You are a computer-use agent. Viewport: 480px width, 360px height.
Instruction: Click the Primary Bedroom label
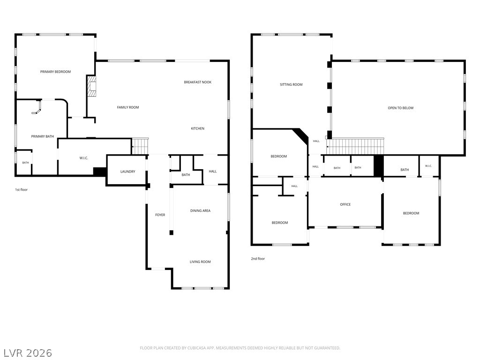click(55, 72)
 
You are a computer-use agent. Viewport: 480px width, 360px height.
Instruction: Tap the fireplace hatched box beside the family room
click(92, 86)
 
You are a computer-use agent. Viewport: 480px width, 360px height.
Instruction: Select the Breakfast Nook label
click(197, 82)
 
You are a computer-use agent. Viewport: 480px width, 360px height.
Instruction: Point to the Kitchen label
click(197, 128)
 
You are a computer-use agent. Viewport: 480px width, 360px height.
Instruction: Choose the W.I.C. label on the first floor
click(83, 158)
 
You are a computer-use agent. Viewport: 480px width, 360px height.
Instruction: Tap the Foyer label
click(160, 215)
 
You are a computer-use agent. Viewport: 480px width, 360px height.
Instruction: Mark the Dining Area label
click(200, 210)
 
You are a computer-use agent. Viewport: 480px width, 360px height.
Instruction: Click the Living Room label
click(200, 262)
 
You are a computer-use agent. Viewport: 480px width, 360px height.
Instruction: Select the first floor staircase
click(140, 146)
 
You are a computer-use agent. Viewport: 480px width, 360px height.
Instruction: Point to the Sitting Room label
click(291, 84)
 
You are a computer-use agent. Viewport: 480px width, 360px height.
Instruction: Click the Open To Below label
click(401, 108)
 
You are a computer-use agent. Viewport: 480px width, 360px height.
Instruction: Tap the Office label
click(345, 204)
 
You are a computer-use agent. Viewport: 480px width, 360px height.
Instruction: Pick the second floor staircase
click(355, 146)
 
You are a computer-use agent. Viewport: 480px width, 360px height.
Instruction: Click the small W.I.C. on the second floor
click(429, 166)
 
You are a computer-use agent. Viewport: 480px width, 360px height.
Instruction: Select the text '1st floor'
click(22, 190)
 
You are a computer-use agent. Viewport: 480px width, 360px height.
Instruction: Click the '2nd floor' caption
click(258, 259)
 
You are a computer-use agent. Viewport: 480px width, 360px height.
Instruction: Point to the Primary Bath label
click(43, 136)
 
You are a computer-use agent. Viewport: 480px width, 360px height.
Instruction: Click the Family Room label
click(128, 107)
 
